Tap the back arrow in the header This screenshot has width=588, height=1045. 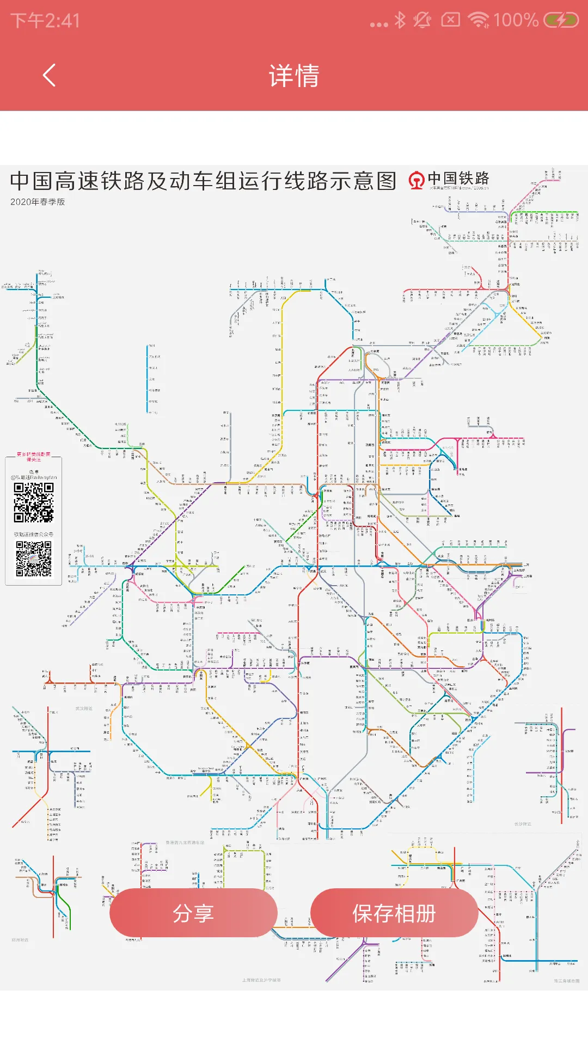coord(49,75)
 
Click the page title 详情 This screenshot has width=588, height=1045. coord(294,75)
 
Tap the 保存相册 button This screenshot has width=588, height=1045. coord(394,913)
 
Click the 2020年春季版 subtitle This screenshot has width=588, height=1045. coord(38,202)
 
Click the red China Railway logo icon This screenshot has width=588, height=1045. coord(416,180)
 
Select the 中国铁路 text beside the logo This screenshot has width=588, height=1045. coord(458,179)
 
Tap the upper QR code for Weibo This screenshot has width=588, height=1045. coord(34,502)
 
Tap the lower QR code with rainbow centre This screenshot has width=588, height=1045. coord(34,559)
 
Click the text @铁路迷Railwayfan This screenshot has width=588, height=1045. coord(34,477)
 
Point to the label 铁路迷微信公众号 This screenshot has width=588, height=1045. coord(34,534)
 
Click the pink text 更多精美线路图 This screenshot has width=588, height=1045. coord(33,454)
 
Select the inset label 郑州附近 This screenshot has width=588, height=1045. coord(20,940)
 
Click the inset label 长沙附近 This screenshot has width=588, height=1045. coord(523,824)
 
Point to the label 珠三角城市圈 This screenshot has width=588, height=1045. coord(567,981)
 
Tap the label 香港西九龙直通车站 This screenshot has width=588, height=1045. coord(185,843)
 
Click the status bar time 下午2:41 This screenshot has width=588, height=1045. coord(45,21)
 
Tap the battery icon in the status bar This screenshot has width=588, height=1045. coord(561,21)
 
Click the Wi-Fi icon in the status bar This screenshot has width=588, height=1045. coord(479,21)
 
